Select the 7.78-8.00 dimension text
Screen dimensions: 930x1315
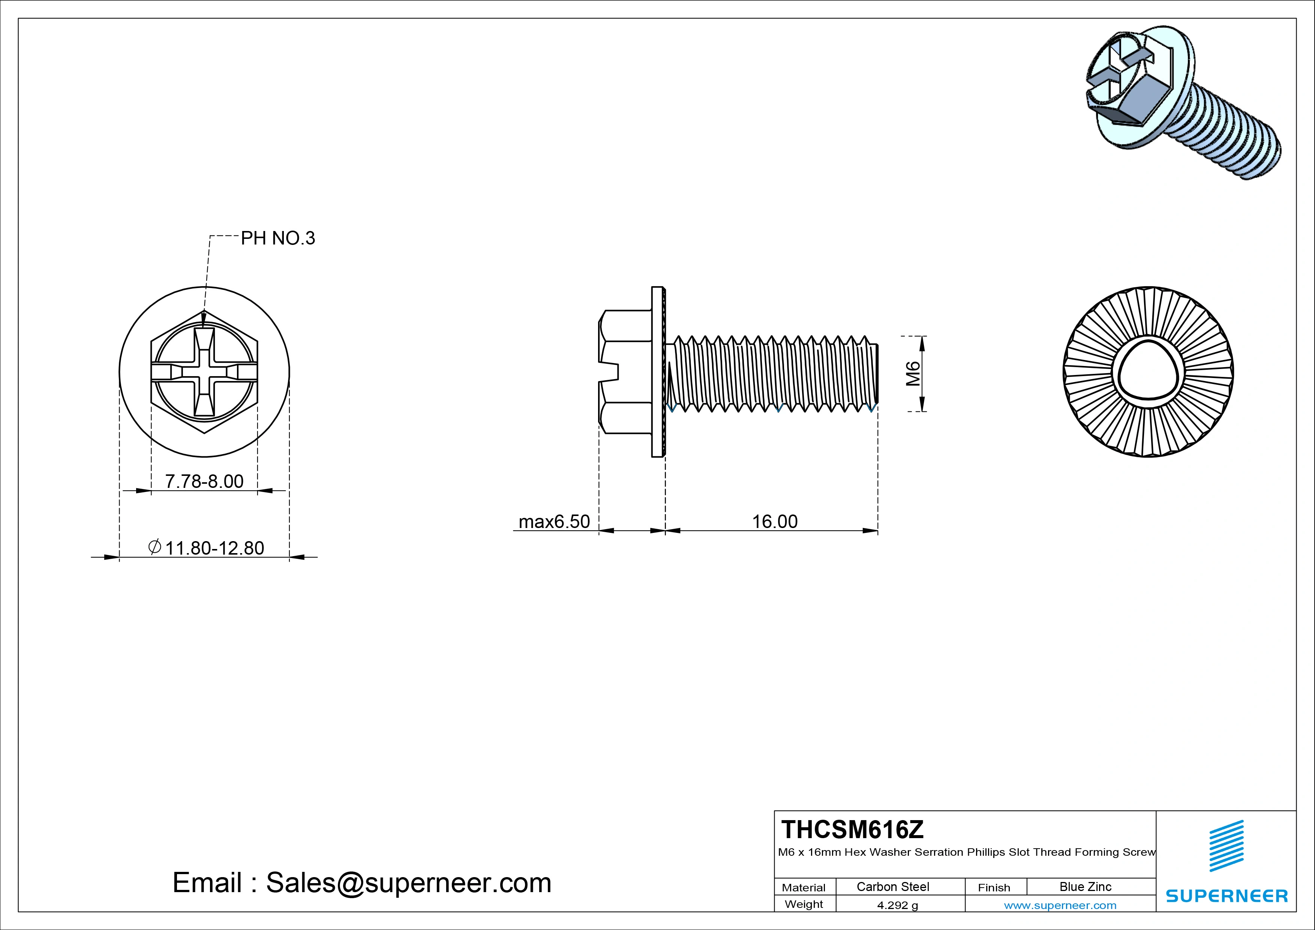click(x=204, y=481)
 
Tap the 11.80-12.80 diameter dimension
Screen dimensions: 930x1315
click(x=214, y=548)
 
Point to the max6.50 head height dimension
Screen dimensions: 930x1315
click(x=554, y=522)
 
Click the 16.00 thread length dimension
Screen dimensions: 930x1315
click(x=774, y=522)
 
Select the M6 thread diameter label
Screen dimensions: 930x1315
click(x=913, y=373)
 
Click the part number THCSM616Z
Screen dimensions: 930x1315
click(x=852, y=829)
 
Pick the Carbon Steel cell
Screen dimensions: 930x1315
click(x=892, y=886)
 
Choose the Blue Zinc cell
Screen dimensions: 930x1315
click(x=1085, y=886)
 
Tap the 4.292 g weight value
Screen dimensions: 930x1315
click(x=897, y=905)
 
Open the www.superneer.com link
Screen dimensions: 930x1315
click(x=1060, y=905)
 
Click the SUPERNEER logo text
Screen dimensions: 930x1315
click(x=1226, y=895)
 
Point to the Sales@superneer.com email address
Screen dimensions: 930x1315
click(x=408, y=882)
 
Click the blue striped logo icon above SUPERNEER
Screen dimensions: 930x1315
click(x=1226, y=846)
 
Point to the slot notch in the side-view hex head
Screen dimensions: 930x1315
click(x=609, y=372)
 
